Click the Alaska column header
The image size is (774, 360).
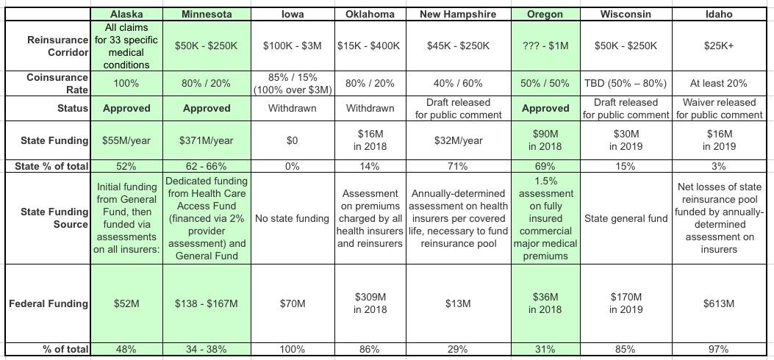click(126, 14)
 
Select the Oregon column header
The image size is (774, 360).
click(545, 14)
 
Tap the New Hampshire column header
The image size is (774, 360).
click(458, 14)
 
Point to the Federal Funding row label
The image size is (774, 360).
click(49, 303)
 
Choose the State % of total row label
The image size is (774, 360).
click(51, 166)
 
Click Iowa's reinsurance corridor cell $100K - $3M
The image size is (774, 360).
click(292, 46)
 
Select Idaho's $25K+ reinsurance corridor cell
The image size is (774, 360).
click(718, 46)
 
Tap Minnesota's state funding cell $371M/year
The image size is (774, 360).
click(205, 140)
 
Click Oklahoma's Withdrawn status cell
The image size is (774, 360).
click(369, 108)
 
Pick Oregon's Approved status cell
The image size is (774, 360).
click(545, 108)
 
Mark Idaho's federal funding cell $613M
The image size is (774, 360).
click(718, 303)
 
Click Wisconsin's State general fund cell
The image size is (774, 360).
click(626, 218)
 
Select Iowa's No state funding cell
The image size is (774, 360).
click(292, 218)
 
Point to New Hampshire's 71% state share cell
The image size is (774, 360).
click(458, 166)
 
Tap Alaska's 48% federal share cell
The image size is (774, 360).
click(126, 350)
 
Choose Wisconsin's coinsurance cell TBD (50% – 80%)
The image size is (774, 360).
click(626, 83)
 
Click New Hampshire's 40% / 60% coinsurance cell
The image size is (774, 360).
click(458, 83)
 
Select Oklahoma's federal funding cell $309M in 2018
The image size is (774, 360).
click(369, 303)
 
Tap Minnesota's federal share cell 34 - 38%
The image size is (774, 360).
click(205, 350)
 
